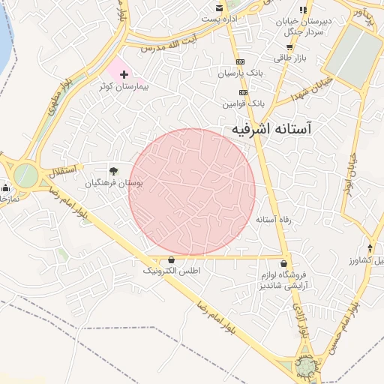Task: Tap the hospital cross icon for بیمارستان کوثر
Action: (x=124, y=74)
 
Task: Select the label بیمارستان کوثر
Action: (x=124, y=87)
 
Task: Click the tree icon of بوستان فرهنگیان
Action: (x=113, y=171)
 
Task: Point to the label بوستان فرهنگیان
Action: (x=113, y=182)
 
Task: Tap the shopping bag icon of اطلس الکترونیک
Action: (x=172, y=259)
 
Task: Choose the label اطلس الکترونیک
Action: (x=172, y=270)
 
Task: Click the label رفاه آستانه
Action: (x=273, y=220)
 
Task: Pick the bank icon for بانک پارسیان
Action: (x=240, y=61)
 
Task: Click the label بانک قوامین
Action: (x=244, y=100)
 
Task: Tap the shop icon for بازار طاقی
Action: (x=289, y=46)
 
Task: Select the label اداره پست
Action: (x=223, y=17)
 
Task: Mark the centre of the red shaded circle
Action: (x=192, y=191)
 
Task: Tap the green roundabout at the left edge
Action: (x=25, y=176)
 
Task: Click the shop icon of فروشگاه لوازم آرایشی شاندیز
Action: (x=283, y=263)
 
